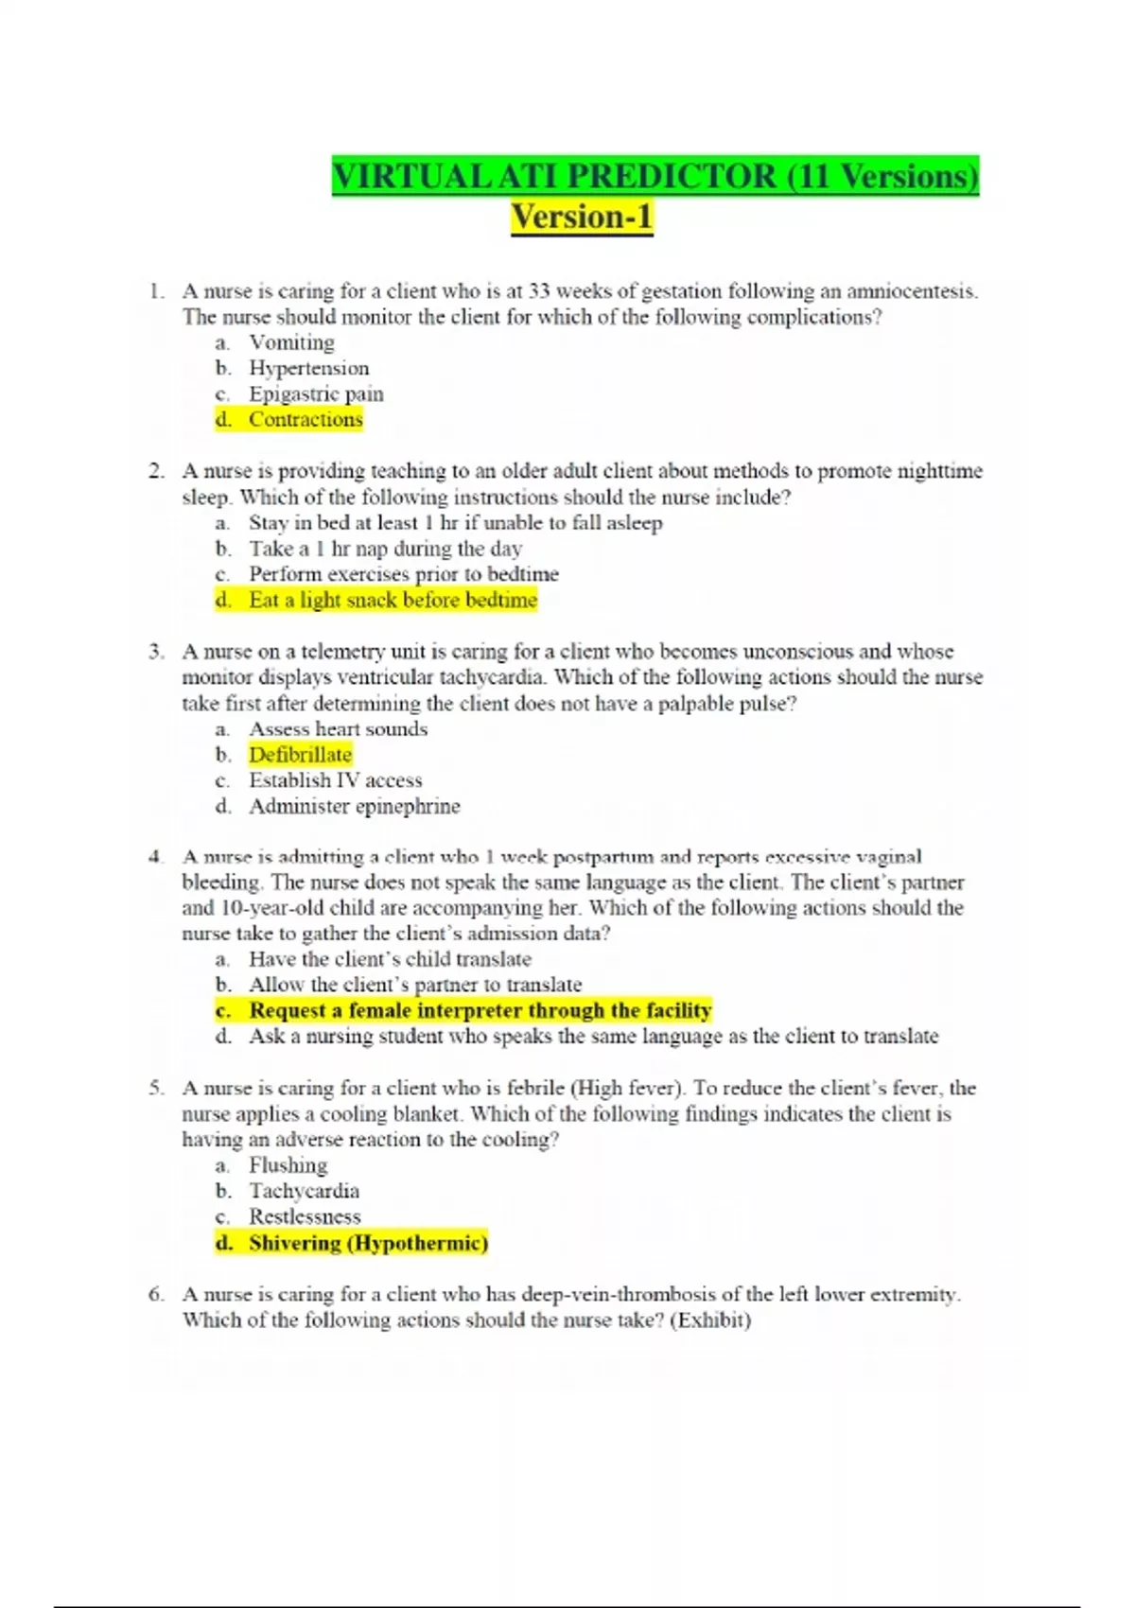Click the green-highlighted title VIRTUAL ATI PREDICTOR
(x=655, y=177)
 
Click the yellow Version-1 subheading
(x=582, y=218)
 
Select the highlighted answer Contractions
(x=306, y=419)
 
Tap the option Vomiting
(x=291, y=342)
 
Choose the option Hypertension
(x=308, y=368)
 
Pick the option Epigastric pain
(x=316, y=393)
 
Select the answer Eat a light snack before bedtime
(x=393, y=600)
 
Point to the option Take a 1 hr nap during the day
(x=385, y=549)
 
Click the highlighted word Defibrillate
(x=300, y=755)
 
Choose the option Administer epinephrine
(x=355, y=806)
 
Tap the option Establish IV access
(x=335, y=780)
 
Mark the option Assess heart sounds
(x=338, y=729)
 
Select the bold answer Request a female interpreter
(x=480, y=1010)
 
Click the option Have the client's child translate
(x=390, y=959)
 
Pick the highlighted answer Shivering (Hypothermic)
(x=368, y=1243)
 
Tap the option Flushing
(x=288, y=1165)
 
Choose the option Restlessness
(x=305, y=1216)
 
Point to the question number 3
(x=156, y=652)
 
